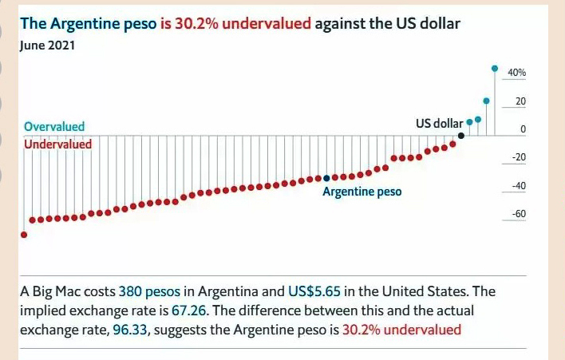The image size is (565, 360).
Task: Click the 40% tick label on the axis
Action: (x=516, y=73)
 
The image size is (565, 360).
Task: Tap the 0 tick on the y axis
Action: (x=523, y=129)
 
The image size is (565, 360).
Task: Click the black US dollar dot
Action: (x=461, y=135)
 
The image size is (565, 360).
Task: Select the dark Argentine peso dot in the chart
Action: (x=326, y=177)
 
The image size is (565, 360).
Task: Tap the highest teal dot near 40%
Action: (x=495, y=68)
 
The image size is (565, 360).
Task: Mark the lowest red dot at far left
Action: (x=23, y=235)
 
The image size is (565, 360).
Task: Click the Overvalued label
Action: (x=54, y=127)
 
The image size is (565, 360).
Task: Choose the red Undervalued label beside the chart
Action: (x=57, y=144)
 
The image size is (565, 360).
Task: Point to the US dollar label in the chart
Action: (x=439, y=124)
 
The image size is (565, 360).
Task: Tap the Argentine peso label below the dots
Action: (x=362, y=192)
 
